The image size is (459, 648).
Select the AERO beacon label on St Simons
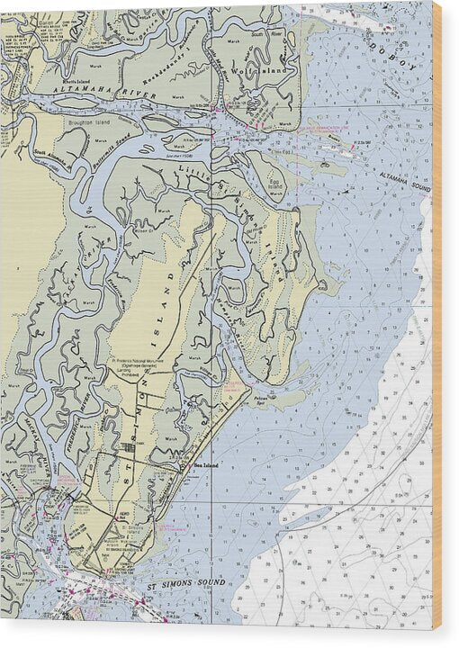116,517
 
